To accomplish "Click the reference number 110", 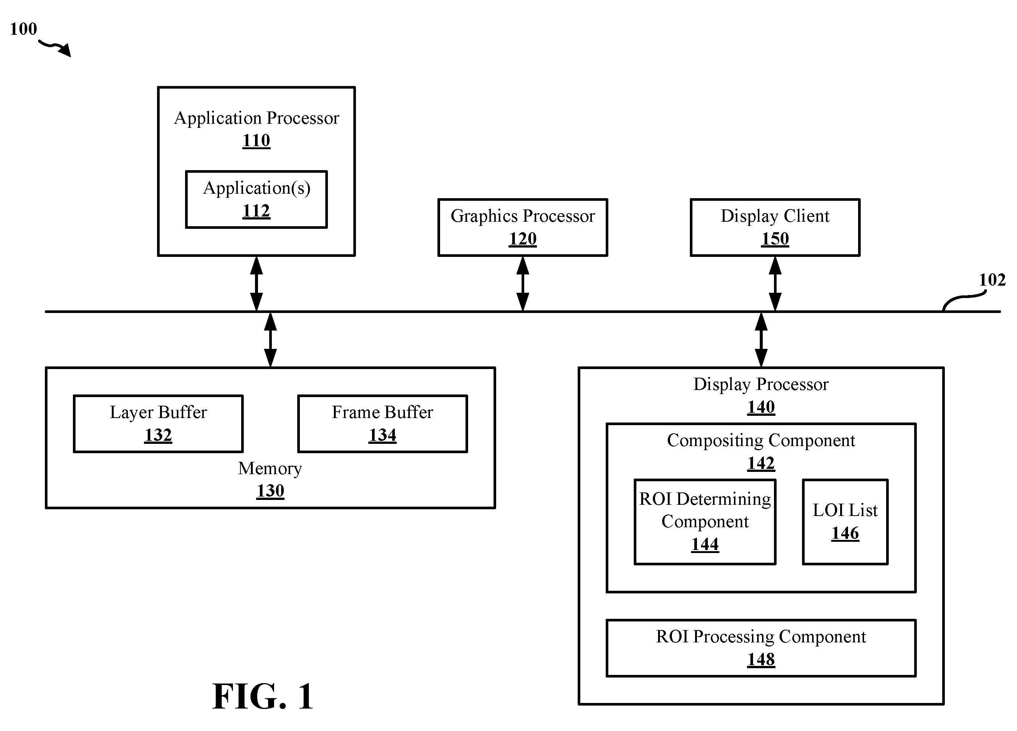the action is [256, 140].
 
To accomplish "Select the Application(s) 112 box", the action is [256, 200].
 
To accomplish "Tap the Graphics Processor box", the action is [523, 227].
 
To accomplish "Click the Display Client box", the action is [775, 227].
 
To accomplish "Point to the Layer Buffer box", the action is [158, 424].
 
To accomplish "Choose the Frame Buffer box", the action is [382, 424].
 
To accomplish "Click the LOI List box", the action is [845, 522].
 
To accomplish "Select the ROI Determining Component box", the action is [705, 522].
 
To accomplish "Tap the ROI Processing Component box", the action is [761, 648].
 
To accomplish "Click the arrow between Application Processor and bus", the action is [256, 283].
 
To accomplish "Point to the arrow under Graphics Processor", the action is [523, 283].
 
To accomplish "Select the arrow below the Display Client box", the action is [775, 283].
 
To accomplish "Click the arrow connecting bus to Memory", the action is [270, 340].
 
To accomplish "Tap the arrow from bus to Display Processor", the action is [761, 340].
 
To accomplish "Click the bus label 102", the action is [992, 280].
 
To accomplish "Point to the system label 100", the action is [23, 29].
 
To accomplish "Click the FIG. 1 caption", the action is [263, 697].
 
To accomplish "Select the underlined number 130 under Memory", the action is [270, 491].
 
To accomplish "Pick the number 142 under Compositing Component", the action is [761, 463].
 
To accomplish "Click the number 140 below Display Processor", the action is [761, 407].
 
